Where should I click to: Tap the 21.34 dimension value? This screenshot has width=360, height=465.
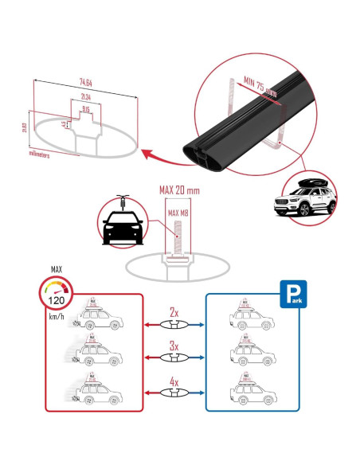click(x=85, y=96)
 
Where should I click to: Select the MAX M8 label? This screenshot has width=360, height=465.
click(x=178, y=213)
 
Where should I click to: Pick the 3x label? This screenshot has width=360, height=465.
click(x=173, y=348)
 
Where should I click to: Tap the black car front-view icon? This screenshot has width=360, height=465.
click(x=121, y=226)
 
